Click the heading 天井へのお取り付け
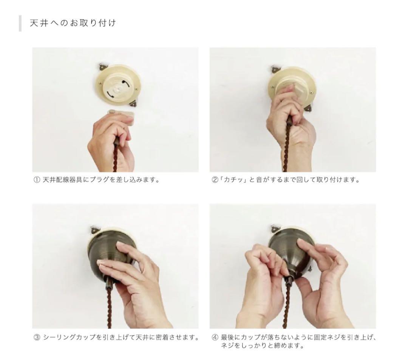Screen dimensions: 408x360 (73, 23)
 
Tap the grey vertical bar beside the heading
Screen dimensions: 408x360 (20, 23)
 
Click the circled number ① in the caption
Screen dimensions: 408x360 (36, 180)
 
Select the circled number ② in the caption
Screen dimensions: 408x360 (214, 180)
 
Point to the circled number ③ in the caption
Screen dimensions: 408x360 (37, 338)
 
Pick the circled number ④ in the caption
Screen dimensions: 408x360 (215, 338)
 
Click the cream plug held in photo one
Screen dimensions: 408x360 (121, 116)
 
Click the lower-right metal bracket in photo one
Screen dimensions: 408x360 (134, 104)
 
